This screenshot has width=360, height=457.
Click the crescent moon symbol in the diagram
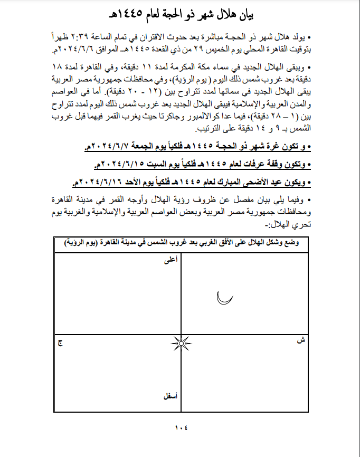pyautogui.click(x=224, y=299)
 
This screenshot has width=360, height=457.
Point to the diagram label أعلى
pyautogui.click(x=170, y=260)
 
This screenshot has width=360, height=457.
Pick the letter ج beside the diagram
pyautogui.click(x=60, y=342)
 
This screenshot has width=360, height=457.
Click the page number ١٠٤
pyautogui.click(x=181, y=427)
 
